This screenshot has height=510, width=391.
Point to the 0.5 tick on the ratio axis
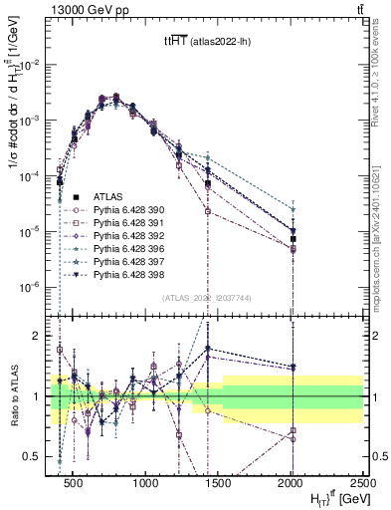coord(42,457)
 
